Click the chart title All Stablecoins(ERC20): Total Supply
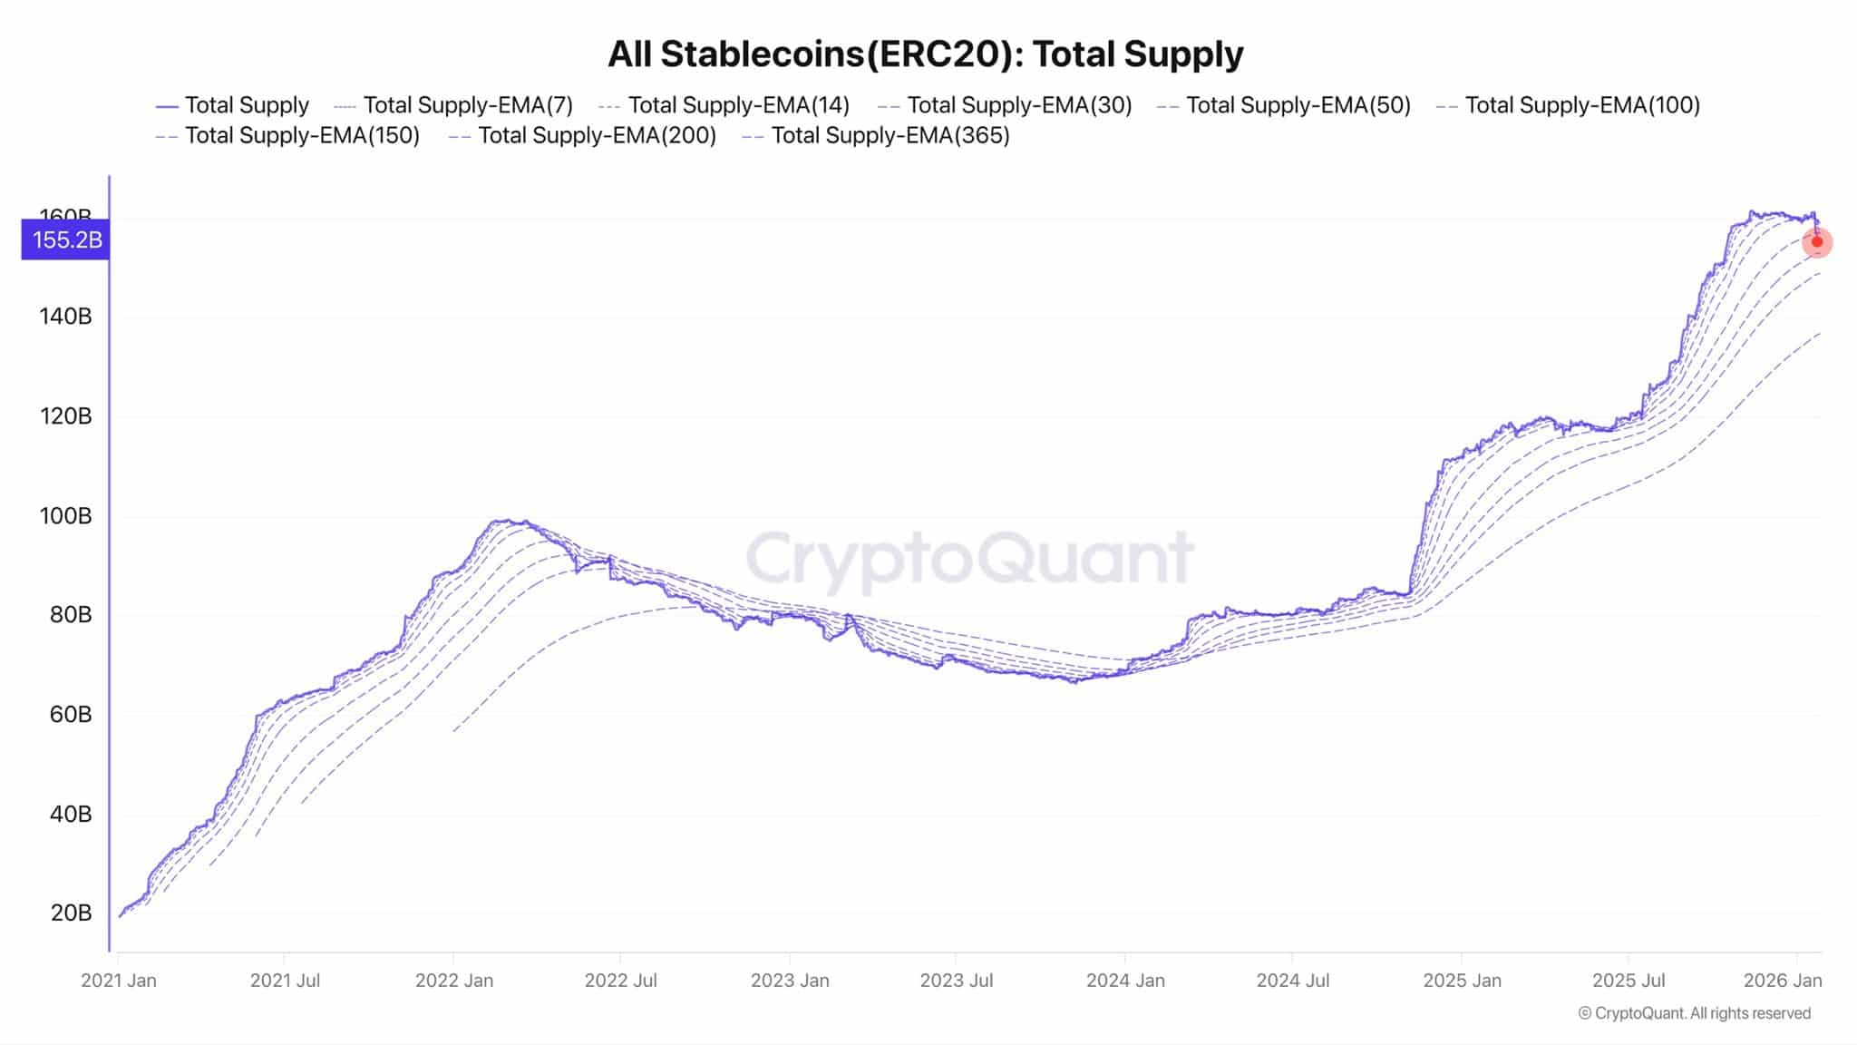[x=925, y=54]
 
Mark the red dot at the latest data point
[x=1817, y=242]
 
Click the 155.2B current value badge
[x=66, y=240]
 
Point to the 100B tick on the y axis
[x=65, y=516]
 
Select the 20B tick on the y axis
[x=71, y=913]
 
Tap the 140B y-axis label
[x=65, y=317]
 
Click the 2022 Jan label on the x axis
[x=453, y=981]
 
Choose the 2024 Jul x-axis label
[x=1293, y=981]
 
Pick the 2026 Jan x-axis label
[x=1783, y=981]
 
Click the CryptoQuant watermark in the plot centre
[x=969, y=557]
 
